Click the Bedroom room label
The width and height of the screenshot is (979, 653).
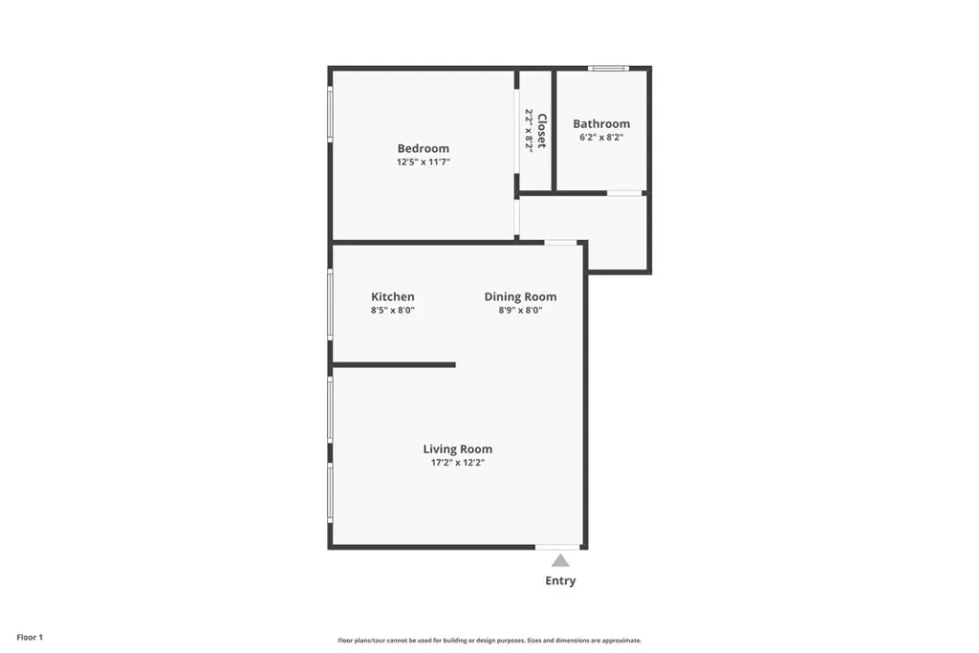(424, 148)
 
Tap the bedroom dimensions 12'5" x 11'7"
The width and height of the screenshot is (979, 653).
(424, 163)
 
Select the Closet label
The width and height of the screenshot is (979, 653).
(542, 130)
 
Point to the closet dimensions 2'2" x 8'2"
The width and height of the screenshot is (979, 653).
(530, 130)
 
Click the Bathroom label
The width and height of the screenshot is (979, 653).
(601, 123)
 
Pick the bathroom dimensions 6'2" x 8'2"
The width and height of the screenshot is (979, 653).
(601, 138)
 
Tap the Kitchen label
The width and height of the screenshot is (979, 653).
(393, 297)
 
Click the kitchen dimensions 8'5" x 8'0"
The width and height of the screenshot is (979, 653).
(393, 311)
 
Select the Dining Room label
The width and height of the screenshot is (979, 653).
(520, 297)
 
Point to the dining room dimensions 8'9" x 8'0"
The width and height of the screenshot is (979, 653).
(520, 311)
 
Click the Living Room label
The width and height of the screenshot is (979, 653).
(458, 449)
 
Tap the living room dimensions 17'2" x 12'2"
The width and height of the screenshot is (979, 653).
(458, 463)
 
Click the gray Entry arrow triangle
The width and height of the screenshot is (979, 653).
(560, 560)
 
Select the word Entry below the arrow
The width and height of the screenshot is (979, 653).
(560, 580)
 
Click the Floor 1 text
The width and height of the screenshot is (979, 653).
(30, 638)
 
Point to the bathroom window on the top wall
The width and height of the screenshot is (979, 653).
(608, 68)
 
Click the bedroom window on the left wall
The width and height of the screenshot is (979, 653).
(330, 114)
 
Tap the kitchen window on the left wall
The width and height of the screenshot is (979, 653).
(330, 305)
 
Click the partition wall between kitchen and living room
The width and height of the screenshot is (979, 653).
(394, 364)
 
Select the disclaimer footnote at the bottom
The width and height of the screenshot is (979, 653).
(489, 641)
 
